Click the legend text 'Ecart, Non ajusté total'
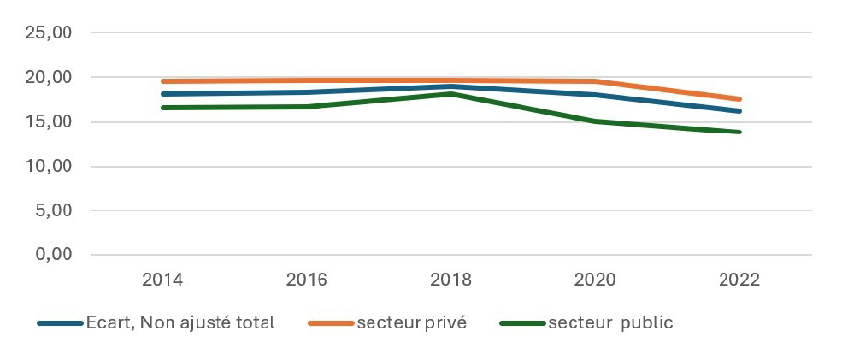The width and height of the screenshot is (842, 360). [x=180, y=323]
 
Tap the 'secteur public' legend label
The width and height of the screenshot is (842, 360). [x=611, y=323]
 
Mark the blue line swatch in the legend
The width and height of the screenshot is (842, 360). [x=60, y=323]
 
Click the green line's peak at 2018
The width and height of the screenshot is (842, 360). [x=451, y=94]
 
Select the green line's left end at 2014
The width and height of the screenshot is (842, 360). [x=162, y=108]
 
